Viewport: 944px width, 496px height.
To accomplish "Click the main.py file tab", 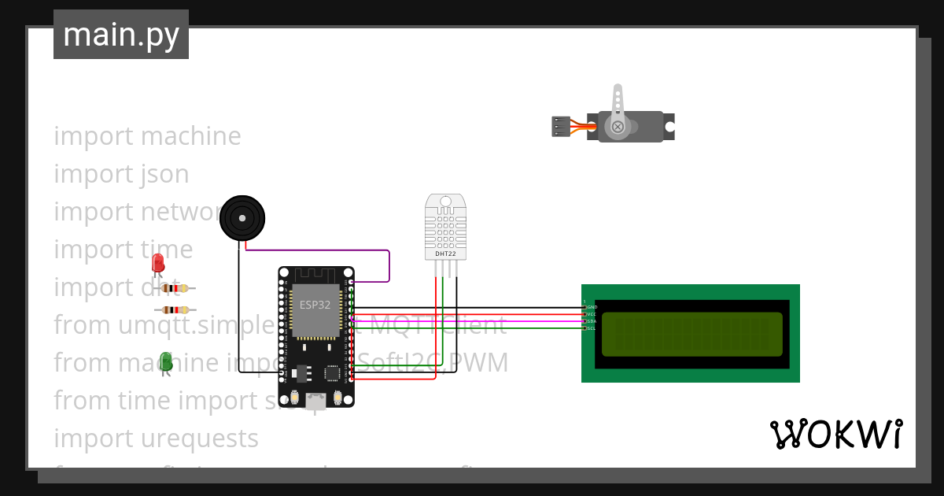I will coord(121,35).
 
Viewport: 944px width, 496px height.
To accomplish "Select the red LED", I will coord(158,264).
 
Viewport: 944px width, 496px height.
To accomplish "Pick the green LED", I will coord(166,361).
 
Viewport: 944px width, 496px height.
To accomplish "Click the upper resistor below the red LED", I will coord(175,288).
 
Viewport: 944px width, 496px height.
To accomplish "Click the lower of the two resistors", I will coord(175,310).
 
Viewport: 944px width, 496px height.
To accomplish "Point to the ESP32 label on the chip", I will coord(315,305).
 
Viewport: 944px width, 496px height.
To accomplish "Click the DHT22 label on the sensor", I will coord(445,254).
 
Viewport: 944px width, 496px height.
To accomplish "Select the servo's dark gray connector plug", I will coord(560,127).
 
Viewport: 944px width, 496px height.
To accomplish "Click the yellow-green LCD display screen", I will coord(691,334).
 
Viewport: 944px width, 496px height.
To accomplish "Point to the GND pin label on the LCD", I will coord(592,307).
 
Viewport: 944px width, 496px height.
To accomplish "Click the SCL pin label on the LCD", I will coord(592,328).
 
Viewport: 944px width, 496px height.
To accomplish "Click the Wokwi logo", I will coord(835,434).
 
